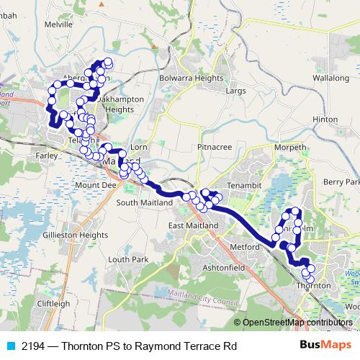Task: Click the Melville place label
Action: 59,24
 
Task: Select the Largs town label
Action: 235,91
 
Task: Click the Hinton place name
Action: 325,119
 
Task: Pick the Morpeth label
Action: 290,148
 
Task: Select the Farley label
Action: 44,155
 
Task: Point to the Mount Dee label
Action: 95,185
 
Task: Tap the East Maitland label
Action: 192,226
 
